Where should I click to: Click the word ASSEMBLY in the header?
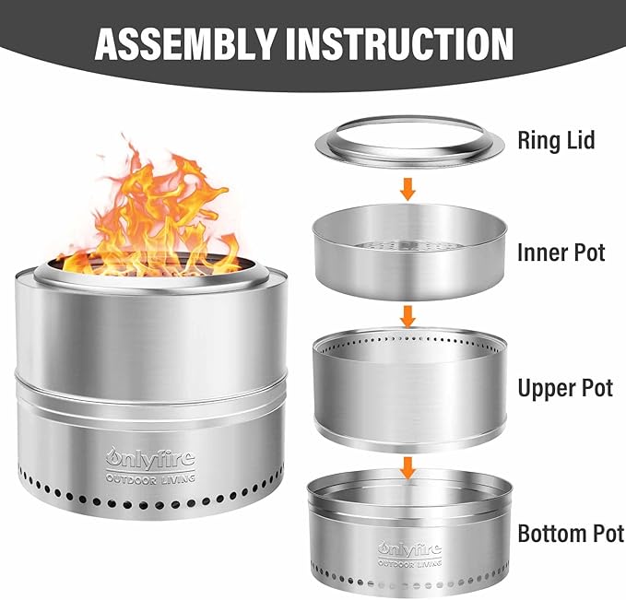click(x=186, y=43)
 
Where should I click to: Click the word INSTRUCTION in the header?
click(x=399, y=43)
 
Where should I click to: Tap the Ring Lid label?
click(x=556, y=140)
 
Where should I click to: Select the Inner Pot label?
click(x=561, y=253)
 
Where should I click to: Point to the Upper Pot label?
click(x=565, y=388)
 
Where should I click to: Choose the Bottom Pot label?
click(x=571, y=534)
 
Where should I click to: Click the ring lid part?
click(x=409, y=142)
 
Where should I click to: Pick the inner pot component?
click(x=410, y=252)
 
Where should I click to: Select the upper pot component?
click(x=410, y=389)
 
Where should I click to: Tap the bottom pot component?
click(x=409, y=532)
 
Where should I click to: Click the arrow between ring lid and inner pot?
click(x=407, y=189)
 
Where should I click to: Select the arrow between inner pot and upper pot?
click(x=407, y=317)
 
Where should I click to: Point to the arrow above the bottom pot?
click(x=407, y=468)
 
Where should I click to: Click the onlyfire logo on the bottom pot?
click(x=409, y=550)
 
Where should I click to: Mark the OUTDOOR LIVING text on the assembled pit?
click(x=150, y=478)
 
